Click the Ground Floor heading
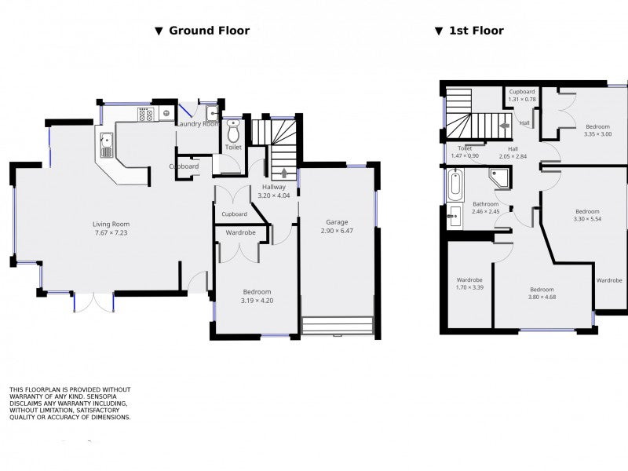[209, 31]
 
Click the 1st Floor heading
[476, 31]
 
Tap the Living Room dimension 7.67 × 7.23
[111, 232]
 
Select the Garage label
[337, 222]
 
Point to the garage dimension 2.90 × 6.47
[337, 231]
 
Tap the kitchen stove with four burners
[145, 115]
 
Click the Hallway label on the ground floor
[274, 187]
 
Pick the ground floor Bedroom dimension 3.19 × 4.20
[257, 301]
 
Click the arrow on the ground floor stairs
[284, 173]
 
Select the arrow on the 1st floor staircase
[505, 126]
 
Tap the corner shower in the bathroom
[499, 178]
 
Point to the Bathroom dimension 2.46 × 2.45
[485, 211]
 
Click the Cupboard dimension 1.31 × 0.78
[522, 100]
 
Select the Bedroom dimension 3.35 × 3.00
[597, 134]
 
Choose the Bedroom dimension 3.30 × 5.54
[587, 219]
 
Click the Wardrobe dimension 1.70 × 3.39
[469, 287]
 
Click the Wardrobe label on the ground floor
[241, 232]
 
